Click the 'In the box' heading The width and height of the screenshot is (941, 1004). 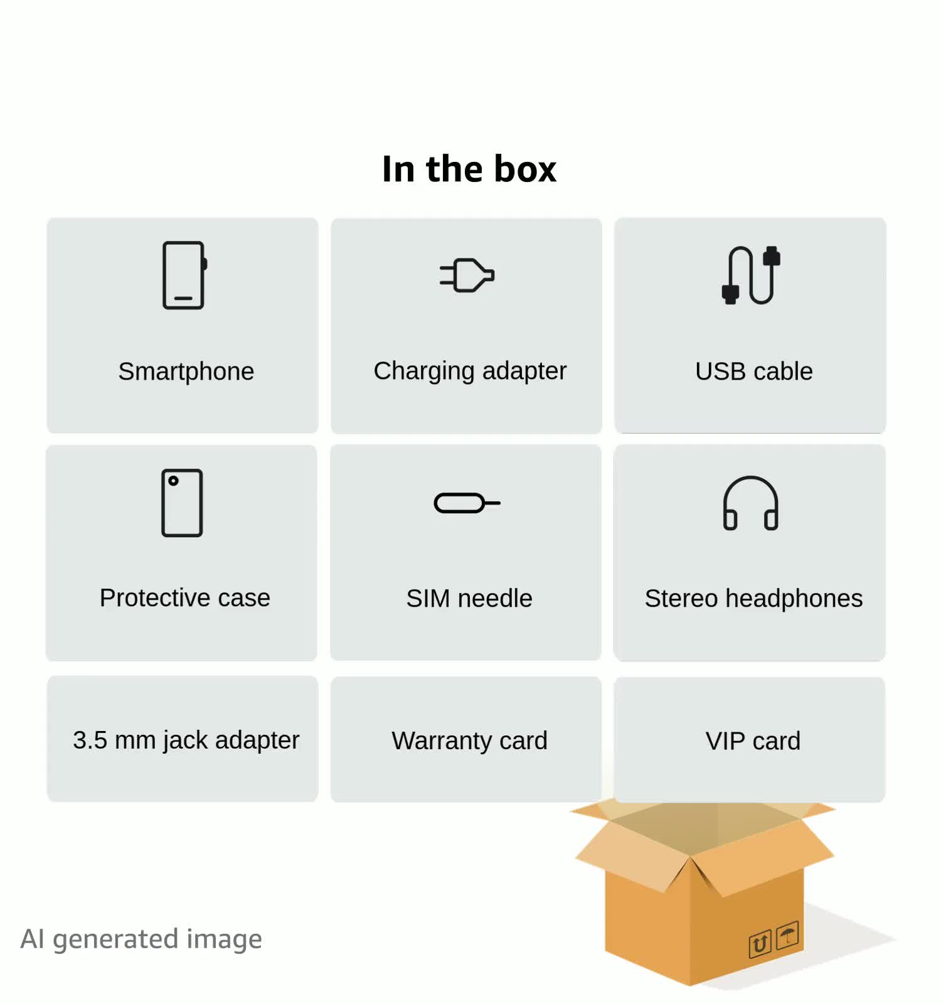pyautogui.click(x=469, y=169)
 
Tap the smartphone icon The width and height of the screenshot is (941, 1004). pyautogui.click(x=184, y=275)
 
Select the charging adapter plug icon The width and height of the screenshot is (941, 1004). pyautogui.click(x=467, y=275)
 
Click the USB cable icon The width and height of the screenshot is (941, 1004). pyautogui.click(x=751, y=275)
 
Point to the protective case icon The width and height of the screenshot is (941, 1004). pyautogui.click(x=182, y=503)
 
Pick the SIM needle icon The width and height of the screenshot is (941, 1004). pyautogui.click(x=467, y=503)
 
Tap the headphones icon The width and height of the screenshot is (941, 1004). pyautogui.click(x=750, y=503)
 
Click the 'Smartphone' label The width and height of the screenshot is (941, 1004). pyautogui.click(x=186, y=371)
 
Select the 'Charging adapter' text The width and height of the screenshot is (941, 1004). pyautogui.click(x=470, y=371)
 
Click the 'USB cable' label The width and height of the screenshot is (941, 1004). pyautogui.click(x=753, y=371)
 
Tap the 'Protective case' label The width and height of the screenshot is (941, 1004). pyautogui.click(x=185, y=598)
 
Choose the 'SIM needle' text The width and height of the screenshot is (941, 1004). pyautogui.click(x=469, y=599)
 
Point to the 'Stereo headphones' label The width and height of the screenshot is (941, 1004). pyautogui.click(x=753, y=599)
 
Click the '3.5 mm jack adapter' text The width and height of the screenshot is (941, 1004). pyautogui.click(x=186, y=740)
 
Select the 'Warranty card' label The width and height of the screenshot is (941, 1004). pyautogui.click(x=469, y=741)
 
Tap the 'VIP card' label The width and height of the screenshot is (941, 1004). pyautogui.click(x=753, y=741)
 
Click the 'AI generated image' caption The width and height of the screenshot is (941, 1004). pyautogui.click(x=141, y=939)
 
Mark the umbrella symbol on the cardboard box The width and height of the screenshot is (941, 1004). pyautogui.click(x=787, y=935)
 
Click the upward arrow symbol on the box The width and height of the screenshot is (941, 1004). pyautogui.click(x=760, y=944)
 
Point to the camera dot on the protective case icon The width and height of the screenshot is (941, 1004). pyautogui.click(x=173, y=481)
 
